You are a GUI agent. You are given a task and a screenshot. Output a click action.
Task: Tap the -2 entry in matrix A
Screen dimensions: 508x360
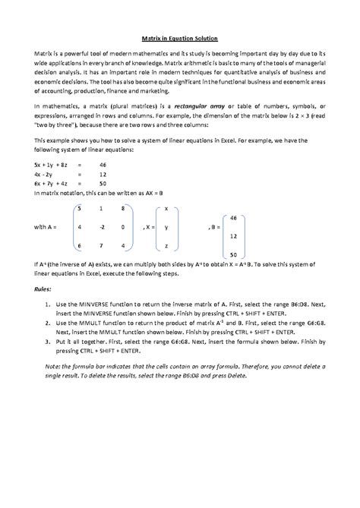coord(100,227)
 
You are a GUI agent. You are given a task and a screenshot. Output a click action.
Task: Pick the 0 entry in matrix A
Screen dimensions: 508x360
coord(122,227)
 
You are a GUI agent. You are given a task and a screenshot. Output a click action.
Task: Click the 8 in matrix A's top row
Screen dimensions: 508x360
coord(122,208)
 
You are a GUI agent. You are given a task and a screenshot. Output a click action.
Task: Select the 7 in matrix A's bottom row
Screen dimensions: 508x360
coord(100,246)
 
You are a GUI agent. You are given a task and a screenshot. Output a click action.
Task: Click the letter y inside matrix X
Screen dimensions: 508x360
coord(166,227)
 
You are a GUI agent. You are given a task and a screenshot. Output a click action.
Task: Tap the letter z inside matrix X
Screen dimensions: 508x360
coord(166,246)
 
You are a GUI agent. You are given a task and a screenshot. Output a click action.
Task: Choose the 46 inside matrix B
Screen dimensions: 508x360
coord(232,218)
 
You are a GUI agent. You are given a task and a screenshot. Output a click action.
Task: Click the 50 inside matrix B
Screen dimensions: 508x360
coord(232,254)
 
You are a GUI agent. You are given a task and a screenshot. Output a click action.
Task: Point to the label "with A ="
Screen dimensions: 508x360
coord(48,227)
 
